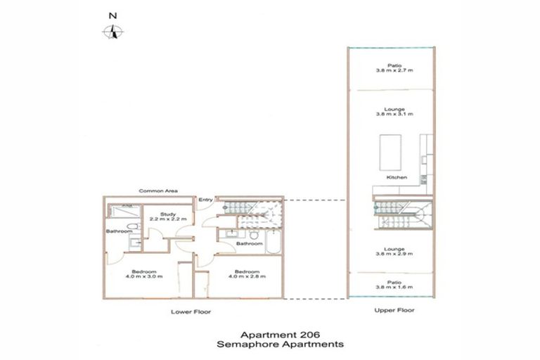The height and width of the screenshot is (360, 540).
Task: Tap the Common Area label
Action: [x=157, y=191]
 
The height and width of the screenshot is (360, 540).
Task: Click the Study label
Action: [x=167, y=214]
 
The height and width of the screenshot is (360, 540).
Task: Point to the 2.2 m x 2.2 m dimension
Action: [x=167, y=220]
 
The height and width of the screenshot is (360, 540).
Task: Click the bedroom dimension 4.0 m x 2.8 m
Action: [x=247, y=277]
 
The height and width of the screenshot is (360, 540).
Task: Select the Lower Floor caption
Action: [x=191, y=311]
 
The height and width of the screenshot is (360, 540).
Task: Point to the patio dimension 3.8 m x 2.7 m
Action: [x=394, y=71]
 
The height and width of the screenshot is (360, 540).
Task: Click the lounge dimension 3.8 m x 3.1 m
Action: [x=394, y=114]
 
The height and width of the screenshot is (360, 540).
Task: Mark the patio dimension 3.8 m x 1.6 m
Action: [x=394, y=288]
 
